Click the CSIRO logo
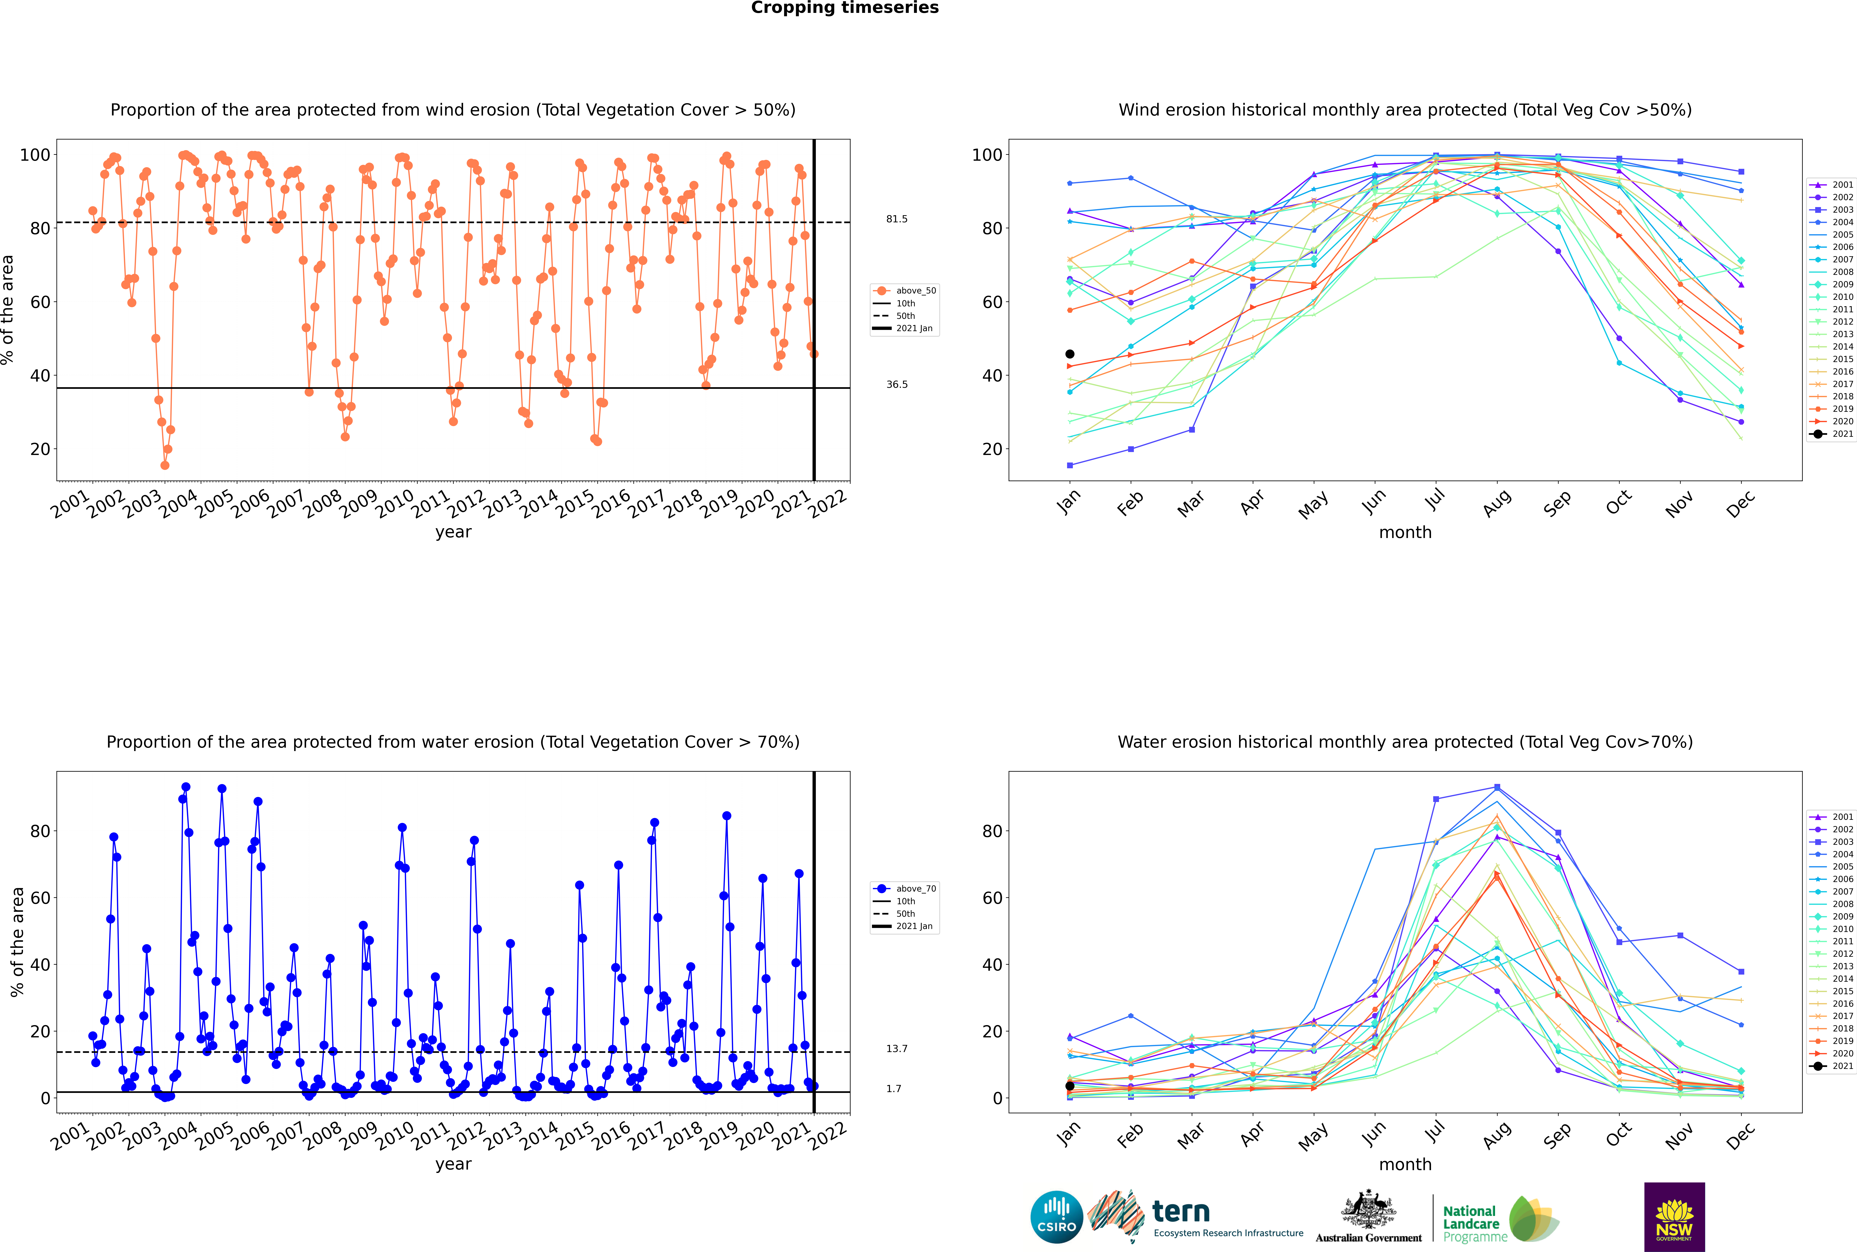pyautogui.click(x=1056, y=1217)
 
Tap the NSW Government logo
pyautogui.click(x=1674, y=1217)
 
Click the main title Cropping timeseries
pyautogui.click(x=845, y=8)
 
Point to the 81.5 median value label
pyautogui.click(x=897, y=219)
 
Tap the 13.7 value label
pyautogui.click(x=897, y=1048)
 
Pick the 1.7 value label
pyautogui.click(x=893, y=1088)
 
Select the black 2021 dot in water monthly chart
pyautogui.click(x=1070, y=1086)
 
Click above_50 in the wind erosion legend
pyautogui.click(x=916, y=291)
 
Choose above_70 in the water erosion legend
pyautogui.click(x=916, y=889)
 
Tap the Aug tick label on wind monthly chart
pyautogui.click(x=1496, y=503)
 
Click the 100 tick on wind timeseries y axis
pyautogui.click(x=34, y=155)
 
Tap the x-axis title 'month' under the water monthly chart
pyautogui.click(x=1405, y=1165)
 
